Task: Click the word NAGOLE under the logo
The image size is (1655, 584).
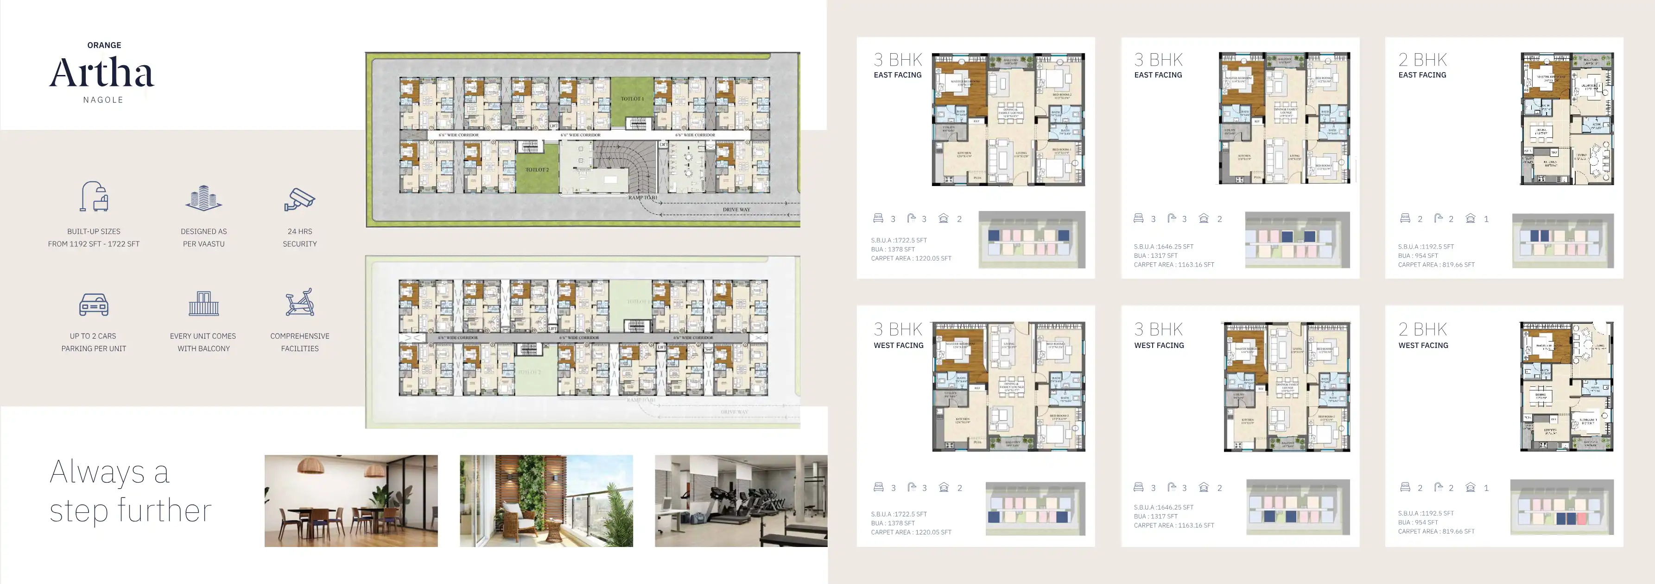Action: pyautogui.click(x=103, y=100)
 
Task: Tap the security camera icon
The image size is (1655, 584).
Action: pyautogui.click(x=299, y=199)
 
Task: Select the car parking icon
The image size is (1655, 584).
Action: pyautogui.click(x=94, y=305)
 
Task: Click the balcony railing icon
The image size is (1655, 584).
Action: pyautogui.click(x=203, y=304)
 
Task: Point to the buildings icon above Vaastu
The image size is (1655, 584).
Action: pyautogui.click(x=203, y=199)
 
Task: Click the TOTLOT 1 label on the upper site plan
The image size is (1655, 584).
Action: pyautogui.click(x=632, y=99)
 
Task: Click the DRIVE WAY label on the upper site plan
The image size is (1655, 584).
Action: pyautogui.click(x=736, y=209)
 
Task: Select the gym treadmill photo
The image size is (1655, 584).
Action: pyautogui.click(x=741, y=501)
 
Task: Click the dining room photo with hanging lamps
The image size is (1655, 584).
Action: pyautogui.click(x=351, y=501)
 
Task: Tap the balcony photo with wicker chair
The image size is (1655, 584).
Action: pyautogui.click(x=546, y=501)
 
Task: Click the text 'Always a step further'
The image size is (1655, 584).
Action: pyautogui.click(x=130, y=491)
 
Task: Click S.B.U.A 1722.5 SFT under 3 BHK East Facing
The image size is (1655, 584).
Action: pyautogui.click(x=899, y=240)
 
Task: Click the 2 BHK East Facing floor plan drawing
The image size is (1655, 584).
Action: pyautogui.click(x=1567, y=119)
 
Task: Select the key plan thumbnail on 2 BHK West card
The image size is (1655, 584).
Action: pyautogui.click(x=1562, y=507)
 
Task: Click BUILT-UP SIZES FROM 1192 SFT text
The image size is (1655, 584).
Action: pyautogui.click(x=94, y=237)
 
